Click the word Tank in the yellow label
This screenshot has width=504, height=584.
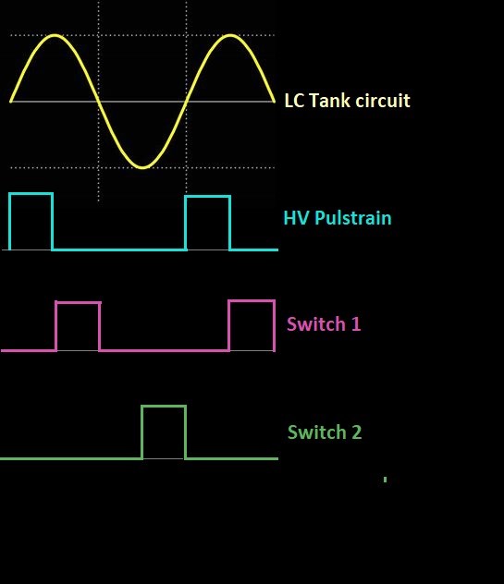point(329,100)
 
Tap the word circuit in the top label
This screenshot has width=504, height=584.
point(383,100)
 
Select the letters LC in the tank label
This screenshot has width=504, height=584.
point(294,100)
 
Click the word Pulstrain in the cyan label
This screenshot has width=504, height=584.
point(353,218)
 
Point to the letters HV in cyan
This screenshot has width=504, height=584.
point(296,218)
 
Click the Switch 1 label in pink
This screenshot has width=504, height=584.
point(324,324)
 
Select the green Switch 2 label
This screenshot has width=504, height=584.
point(325,432)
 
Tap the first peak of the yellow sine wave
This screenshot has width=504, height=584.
point(55,36)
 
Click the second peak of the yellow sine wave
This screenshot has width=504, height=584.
point(230,36)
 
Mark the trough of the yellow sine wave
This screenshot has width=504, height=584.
point(142,167)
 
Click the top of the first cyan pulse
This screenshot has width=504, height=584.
point(31,193)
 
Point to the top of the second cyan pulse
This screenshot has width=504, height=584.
point(208,196)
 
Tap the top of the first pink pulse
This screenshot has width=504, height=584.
point(78,302)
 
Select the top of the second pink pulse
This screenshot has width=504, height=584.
point(252,300)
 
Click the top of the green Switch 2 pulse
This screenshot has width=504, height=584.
point(164,407)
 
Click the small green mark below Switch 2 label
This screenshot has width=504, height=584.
point(385,480)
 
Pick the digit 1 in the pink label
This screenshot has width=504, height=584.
point(356,324)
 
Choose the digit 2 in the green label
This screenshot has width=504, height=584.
point(357,432)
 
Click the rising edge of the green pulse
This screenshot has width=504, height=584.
point(142,432)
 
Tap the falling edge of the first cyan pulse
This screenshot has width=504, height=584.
point(53,222)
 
